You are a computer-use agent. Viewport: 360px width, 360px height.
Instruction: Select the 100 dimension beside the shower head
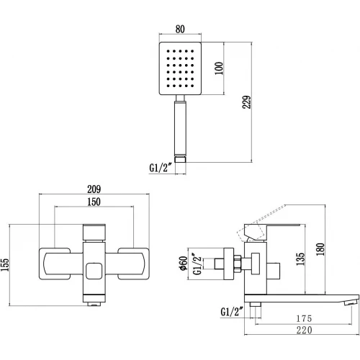[219, 68]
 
